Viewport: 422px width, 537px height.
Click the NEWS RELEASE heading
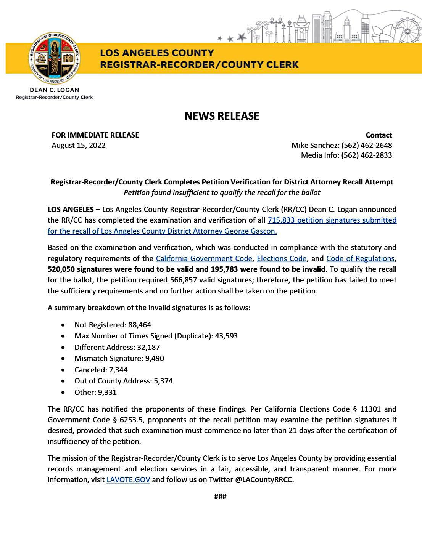coord(222,116)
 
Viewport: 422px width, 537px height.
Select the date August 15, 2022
coord(79,145)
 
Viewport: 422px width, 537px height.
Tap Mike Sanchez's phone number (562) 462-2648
coord(367,145)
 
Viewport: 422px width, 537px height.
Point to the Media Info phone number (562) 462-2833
coord(367,155)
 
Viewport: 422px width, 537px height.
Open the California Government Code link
coord(204,258)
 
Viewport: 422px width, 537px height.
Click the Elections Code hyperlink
coord(282,258)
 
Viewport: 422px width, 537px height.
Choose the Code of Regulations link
coord(360,258)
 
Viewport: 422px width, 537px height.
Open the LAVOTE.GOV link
coord(128,479)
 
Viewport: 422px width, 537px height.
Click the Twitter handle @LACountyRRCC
coord(264,479)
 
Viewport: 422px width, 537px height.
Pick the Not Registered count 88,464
coord(139,325)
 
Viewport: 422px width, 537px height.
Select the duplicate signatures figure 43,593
coord(226,336)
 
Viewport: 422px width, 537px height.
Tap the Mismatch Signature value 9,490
coord(155,358)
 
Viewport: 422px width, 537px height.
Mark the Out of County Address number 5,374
coord(163,381)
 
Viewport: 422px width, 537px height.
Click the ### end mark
coord(221,496)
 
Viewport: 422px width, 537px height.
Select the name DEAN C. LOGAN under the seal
coord(54,90)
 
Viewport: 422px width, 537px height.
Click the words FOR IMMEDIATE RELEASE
coord(95,135)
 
